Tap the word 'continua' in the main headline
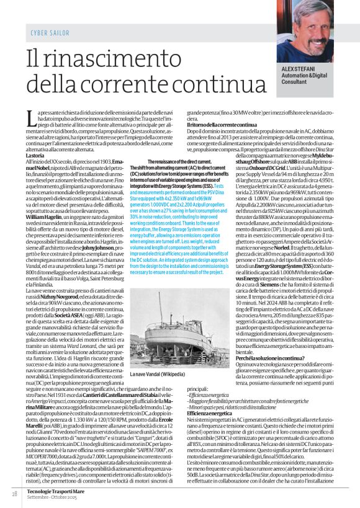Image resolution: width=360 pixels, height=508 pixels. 186,82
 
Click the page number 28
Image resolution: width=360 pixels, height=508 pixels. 14,494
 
